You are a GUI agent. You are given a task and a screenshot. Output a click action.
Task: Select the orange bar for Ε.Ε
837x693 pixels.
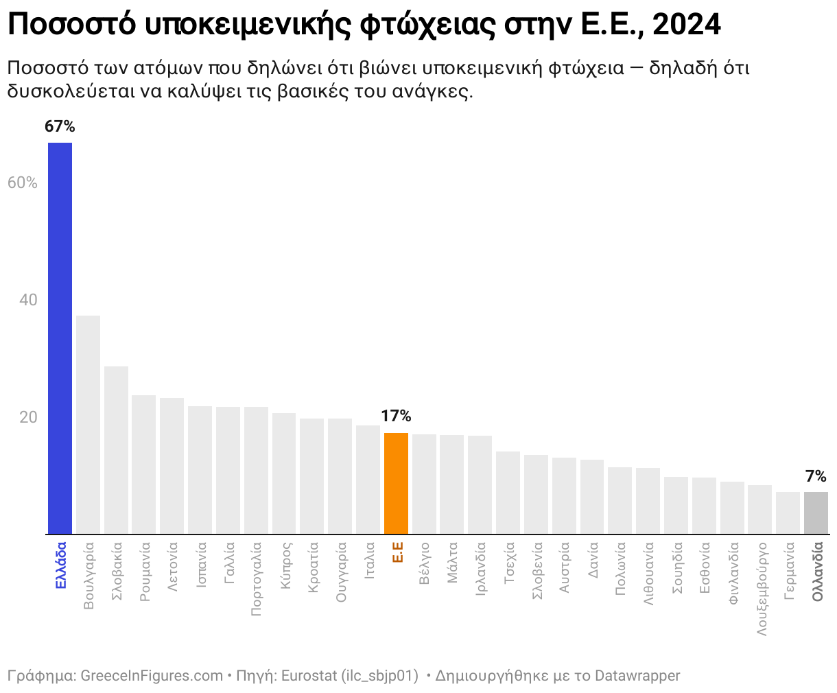point(396,483)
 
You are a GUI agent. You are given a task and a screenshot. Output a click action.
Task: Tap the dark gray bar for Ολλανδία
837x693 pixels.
point(816,513)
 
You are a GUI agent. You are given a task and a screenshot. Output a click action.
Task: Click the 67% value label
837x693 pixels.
point(60,126)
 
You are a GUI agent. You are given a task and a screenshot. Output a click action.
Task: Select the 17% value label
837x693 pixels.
point(396,416)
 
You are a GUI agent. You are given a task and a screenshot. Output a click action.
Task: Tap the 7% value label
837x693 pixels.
point(816,476)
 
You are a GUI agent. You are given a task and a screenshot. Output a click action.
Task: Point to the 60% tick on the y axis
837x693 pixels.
point(22,183)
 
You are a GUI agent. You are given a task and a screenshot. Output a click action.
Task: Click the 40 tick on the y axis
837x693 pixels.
point(27,300)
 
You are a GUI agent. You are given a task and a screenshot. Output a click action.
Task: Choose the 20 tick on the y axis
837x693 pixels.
point(27,417)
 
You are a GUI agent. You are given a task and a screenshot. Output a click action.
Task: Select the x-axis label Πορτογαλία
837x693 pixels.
point(257,579)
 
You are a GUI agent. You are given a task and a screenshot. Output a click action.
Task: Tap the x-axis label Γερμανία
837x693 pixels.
point(789,571)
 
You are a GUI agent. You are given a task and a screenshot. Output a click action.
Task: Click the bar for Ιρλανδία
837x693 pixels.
point(480,484)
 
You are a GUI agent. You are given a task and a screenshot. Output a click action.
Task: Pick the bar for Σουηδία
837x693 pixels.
point(676,505)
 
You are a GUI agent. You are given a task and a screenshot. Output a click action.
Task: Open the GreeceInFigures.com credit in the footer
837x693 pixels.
point(152,676)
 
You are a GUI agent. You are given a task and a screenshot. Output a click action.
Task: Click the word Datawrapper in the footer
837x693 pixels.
point(637,676)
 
